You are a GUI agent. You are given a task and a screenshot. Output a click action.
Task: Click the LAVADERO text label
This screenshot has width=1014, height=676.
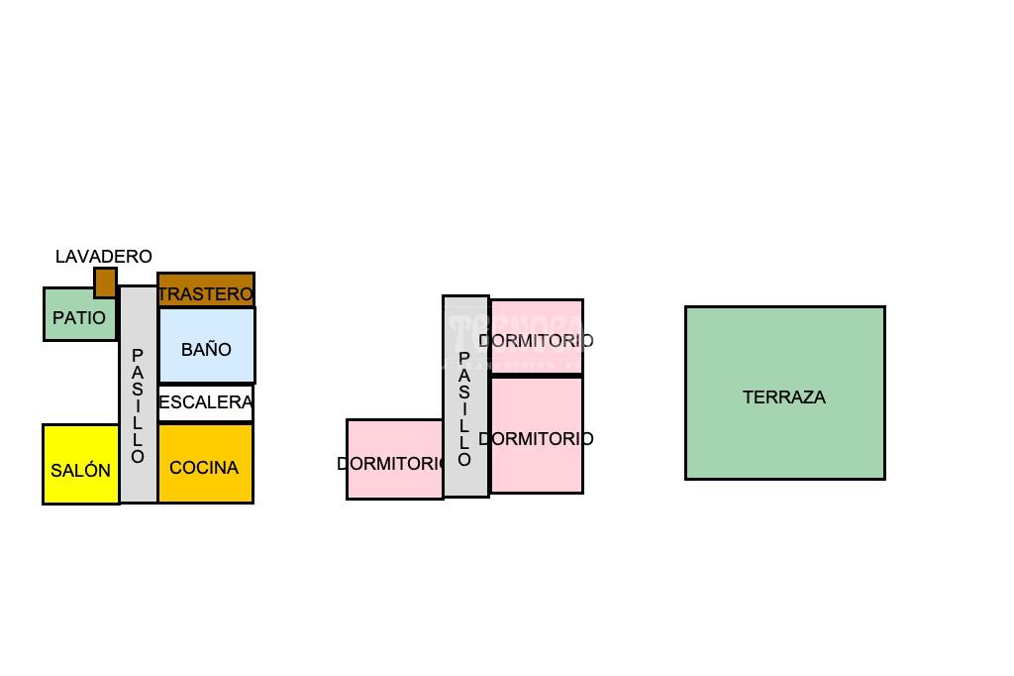[103, 257]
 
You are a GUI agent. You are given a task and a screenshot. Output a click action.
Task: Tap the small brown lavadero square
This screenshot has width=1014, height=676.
[105, 282]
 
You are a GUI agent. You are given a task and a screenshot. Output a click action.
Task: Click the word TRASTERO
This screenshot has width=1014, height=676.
[206, 294]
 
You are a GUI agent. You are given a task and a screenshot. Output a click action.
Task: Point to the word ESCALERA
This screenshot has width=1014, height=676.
[206, 402]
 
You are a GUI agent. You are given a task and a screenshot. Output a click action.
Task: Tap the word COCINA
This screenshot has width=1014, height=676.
[204, 468]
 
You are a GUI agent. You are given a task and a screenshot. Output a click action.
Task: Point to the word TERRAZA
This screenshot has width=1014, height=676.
[783, 397]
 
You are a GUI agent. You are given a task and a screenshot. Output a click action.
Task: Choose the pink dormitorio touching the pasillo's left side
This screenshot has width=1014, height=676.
[393, 481]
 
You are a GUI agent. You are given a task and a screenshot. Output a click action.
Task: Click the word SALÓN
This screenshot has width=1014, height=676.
[80, 471]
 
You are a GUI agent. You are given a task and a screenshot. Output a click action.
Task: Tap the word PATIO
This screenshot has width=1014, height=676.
[78, 318]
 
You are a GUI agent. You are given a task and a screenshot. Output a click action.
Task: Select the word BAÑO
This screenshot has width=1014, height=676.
[206, 350]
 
